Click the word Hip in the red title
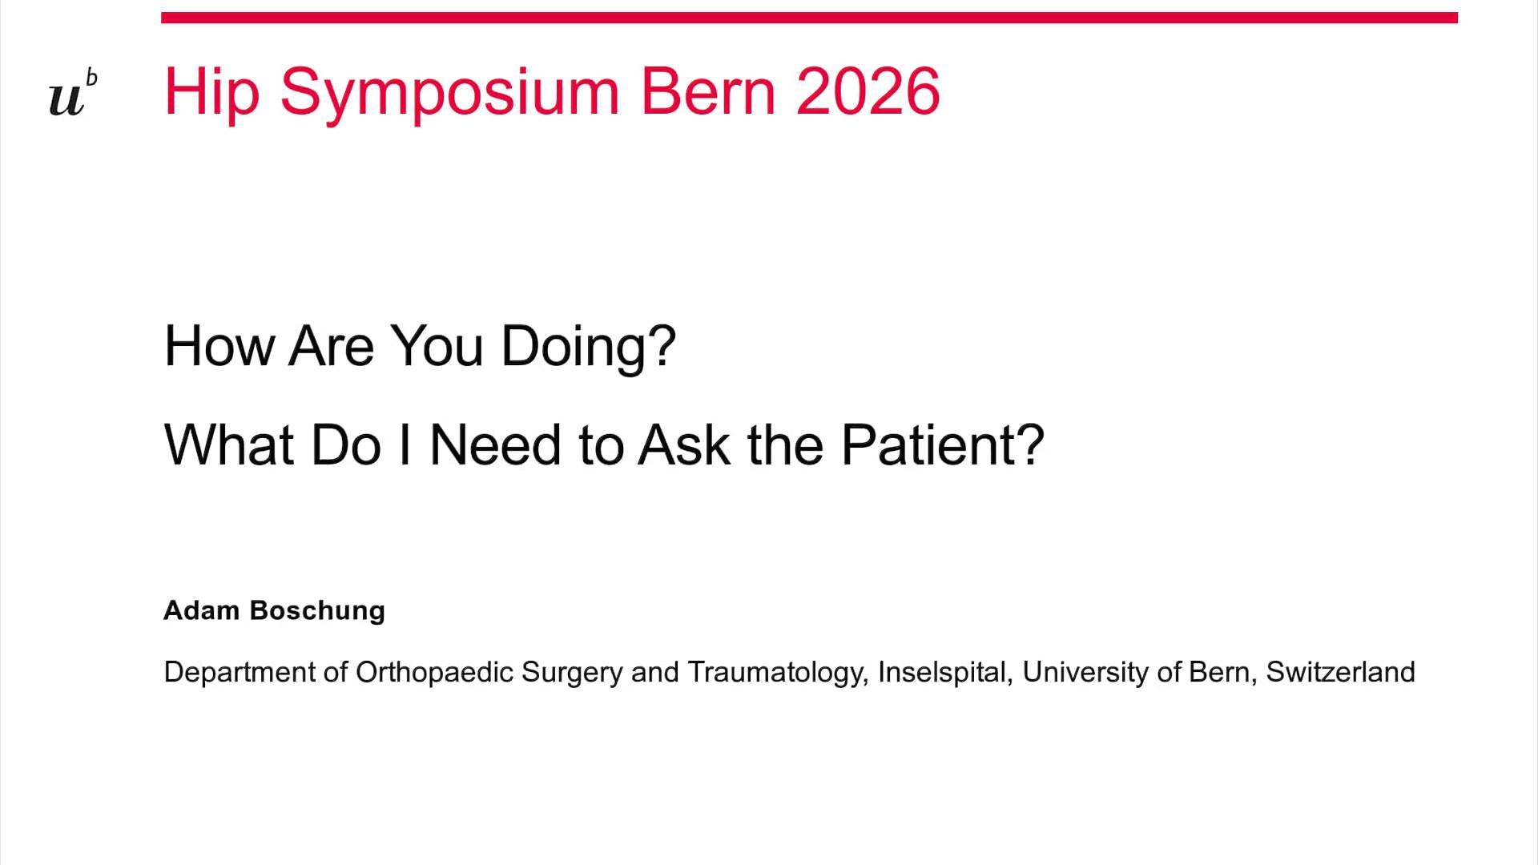tap(211, 92)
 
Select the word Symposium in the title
tap(449, 92)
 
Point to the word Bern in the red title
tap(708, 92)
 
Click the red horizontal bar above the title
tap(809, 18)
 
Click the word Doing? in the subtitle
tap(588, 347)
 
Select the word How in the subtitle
tap(218, 347)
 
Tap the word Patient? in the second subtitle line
tap(942, 445)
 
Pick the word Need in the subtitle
tap(494, 445)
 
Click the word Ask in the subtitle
tap(683, 445)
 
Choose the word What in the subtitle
tap(227, 445)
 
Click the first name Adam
tap(201, 610)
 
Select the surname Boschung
tap(317, 610)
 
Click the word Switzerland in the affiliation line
tap(1340, 672)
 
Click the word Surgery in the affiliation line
tap(571, 672)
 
